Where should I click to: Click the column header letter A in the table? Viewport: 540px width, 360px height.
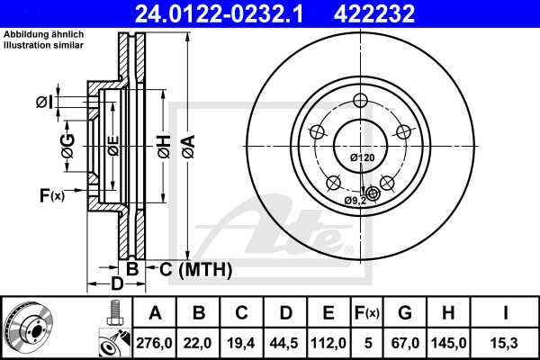(155, 313)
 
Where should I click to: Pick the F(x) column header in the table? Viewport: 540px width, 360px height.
(367, 313)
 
